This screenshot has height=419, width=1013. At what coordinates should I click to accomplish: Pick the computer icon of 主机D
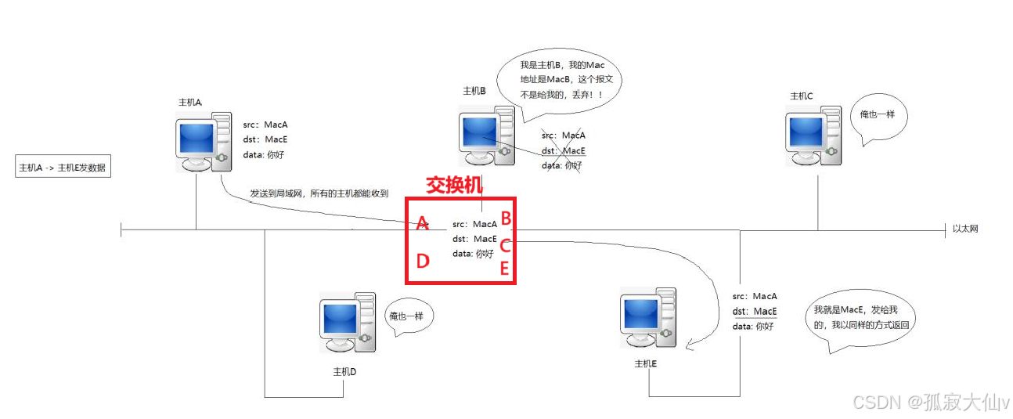tap(348, 323)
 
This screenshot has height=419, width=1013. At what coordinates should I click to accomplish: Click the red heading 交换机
tap(455, 185)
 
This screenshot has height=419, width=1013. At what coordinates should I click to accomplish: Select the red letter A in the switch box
tap(422, 224)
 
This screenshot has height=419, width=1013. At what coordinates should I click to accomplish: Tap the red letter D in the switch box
tap(423, 261)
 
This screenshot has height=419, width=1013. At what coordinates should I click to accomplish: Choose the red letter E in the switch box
tap(505, 269)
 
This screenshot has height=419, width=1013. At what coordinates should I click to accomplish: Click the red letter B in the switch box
tap(506, 219)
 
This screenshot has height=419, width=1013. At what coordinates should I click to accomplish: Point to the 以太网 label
tap(965, 229)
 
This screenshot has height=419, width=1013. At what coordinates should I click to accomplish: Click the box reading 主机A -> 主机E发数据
tap(63, 168)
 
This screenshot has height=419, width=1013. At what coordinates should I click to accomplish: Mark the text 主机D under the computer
tap(344, 372)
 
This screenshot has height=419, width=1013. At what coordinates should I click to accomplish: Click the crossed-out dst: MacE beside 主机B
tap(564, 151)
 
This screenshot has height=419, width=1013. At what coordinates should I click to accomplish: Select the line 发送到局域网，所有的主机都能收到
tap(319, 193)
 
